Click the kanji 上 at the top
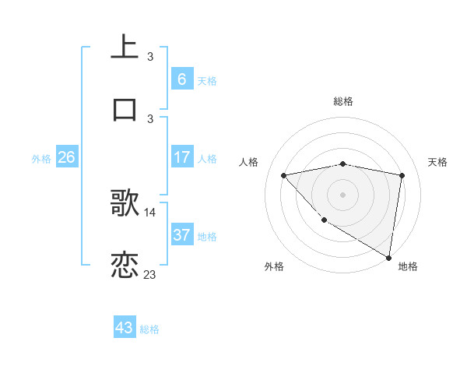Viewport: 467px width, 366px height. pos(125,47)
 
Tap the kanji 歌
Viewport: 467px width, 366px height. pos(125,203)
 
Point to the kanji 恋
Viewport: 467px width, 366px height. pos(125,265)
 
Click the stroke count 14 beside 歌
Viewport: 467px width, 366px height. pos(150,212)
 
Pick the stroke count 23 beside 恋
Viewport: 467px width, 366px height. pos(150,274)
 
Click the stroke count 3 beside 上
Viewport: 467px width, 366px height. pos(150,56)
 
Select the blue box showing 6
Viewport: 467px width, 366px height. pos(181,79)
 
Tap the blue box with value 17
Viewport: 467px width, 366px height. pos(181,157)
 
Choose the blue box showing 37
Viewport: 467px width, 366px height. pos(181,235)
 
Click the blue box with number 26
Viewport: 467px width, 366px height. pos(66,157)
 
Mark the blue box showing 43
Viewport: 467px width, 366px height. pos(125,327)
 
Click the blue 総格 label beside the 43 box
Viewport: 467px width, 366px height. pos(149,329)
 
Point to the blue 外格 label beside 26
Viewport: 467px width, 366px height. pos(41,159)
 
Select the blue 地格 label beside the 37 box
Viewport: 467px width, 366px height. pos(207,237)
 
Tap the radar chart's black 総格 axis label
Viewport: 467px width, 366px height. pos(343,101)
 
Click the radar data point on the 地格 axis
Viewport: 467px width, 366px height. pos(388,257)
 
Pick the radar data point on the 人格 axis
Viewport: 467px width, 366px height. pos(284,175)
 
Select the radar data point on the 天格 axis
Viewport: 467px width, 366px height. pos(402,175)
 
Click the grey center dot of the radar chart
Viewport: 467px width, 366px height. pos(343,194)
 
